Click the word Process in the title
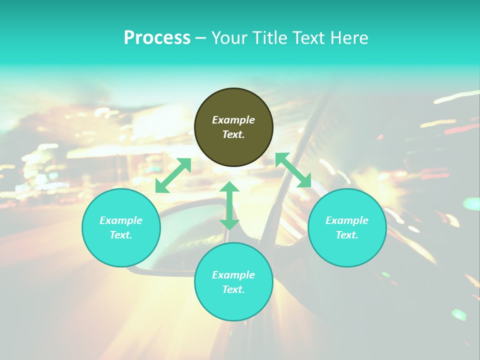pyautogui.click(x=157, y=38)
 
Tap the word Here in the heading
pyautogui.click(x=348, y=38)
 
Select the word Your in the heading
pyautogui.click(x=229, y=38)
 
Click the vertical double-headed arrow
pyautogui.click(x=229, y=205)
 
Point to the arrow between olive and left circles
pyautogui.click(x=173, y=175)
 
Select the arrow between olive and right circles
pyautogui.click(x=293, y=170)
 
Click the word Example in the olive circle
pyautogui.click(x=233, y=120)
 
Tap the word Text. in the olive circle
pyautogui.click(x=233, y=135)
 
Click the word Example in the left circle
pyautogui.click(x=121, y=220)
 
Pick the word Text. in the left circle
pyautogui.click(x=121, y=235)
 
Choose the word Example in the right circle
pyautogui.click(x=347, y=220)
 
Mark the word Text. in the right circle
pyautogui.click(x=347, y=235)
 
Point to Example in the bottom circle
pyautogui.click(x=233, y=275)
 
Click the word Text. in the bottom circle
pyautogui.click(x=233, y=289)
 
